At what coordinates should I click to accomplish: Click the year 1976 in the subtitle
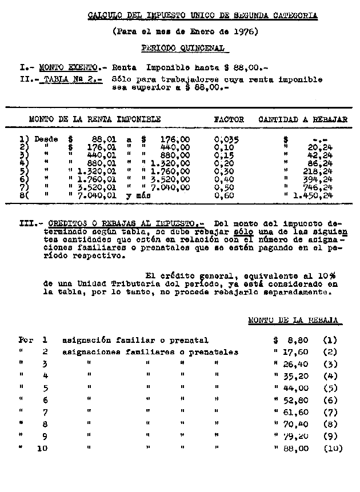coord(247,32)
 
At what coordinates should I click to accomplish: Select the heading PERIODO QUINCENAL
coord(182,49)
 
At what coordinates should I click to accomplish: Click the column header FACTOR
coord(229,120)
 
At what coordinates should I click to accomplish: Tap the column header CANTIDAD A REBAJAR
coord(303,120)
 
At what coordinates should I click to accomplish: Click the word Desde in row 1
coord(46,139)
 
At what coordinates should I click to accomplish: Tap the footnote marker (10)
coord(333,449)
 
